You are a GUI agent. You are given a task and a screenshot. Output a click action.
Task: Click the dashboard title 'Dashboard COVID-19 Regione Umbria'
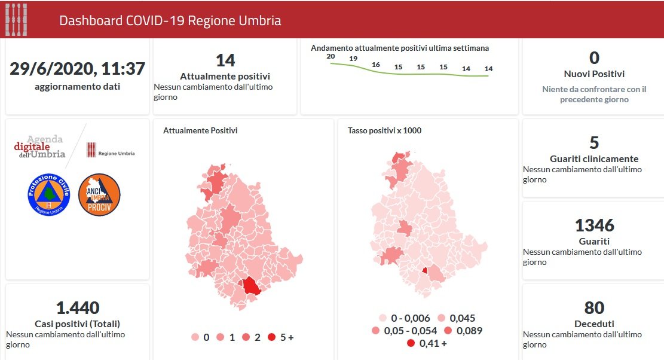click(170, 20)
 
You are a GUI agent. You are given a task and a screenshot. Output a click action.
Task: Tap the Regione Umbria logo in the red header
click(16, 19)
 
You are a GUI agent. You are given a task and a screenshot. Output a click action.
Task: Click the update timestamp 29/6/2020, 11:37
click(77, 69)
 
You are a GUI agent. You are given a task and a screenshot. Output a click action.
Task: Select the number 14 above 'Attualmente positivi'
click(225, 60)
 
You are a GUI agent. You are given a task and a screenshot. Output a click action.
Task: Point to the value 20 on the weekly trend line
click(331, 56)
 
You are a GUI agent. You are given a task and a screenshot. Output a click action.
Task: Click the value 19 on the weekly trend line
click(353, 59)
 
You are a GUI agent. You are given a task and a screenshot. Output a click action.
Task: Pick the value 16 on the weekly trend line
click(376, 65)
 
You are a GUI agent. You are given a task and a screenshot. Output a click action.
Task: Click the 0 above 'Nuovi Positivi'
click(594, 58)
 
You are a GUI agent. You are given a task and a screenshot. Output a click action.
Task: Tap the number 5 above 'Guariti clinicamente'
click(594, 143)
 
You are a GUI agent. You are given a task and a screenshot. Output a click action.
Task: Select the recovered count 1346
click(594, 225)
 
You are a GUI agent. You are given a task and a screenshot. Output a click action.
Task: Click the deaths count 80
click(594, 308)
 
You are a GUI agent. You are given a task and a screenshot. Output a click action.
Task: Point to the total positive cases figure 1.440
click(78, 308)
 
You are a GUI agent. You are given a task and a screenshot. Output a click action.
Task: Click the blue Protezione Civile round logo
click(49, 194)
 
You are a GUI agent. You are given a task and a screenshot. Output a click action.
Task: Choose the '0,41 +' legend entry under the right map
click(427, 343)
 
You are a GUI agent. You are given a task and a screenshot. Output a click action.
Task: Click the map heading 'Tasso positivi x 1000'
click(384, 130)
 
